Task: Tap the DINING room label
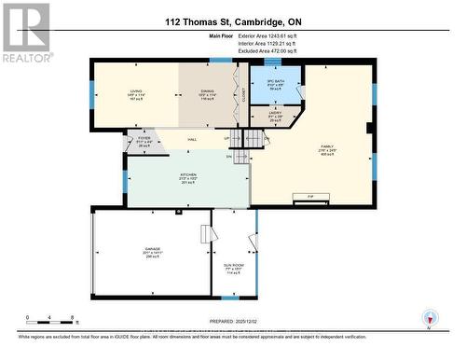[206, 91]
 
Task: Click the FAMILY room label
[327, 146]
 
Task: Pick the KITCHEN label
[189, 175]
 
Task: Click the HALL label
[192, 140]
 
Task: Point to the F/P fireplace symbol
[308, 197]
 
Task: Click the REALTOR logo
[25, 34]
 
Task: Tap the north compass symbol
[429, 317]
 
